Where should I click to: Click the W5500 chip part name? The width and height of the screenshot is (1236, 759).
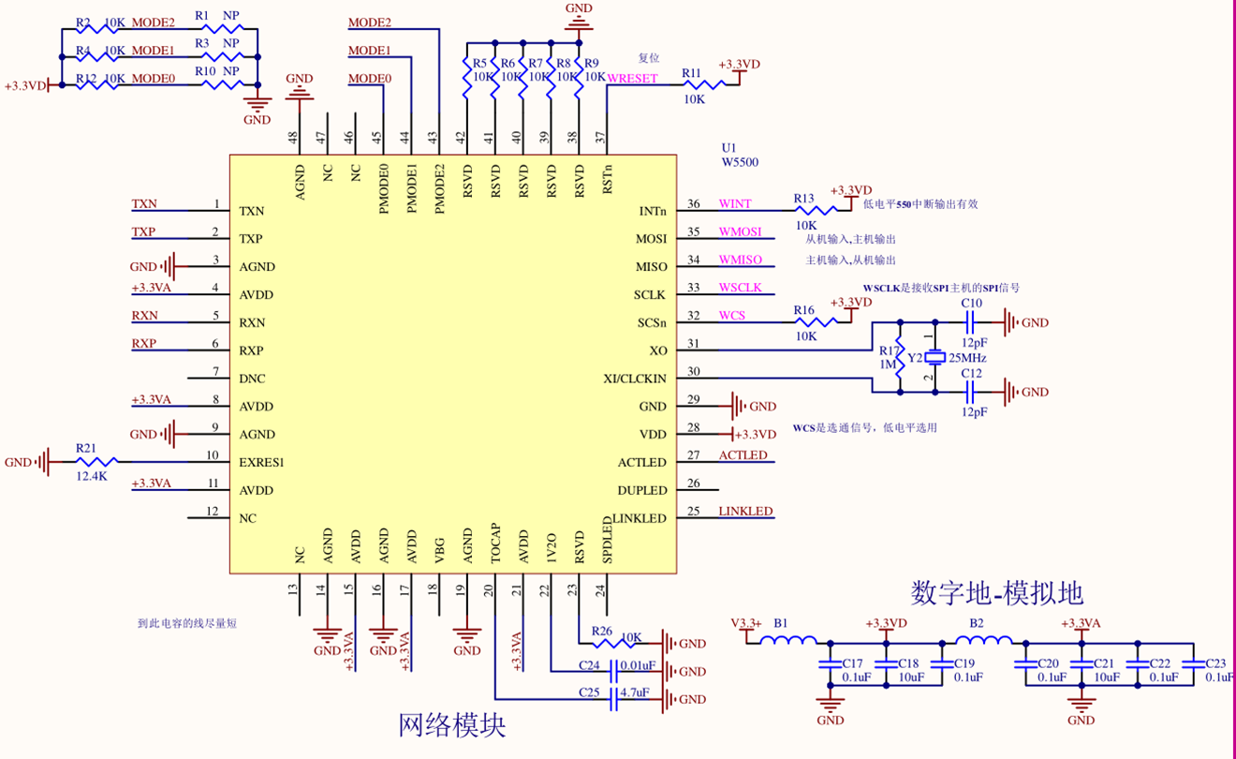[739, 162]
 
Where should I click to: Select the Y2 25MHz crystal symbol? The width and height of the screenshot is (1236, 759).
[932, 358]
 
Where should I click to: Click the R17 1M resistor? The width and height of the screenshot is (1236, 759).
[899, 357]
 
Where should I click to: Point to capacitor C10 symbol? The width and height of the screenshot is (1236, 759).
[970, 323]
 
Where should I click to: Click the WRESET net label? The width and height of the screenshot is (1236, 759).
[633, 79]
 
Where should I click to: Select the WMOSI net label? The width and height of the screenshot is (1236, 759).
[740, 231]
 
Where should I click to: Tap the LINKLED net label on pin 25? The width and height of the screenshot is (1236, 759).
[745, 511]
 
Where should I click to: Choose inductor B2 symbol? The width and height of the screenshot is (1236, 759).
[983, 642]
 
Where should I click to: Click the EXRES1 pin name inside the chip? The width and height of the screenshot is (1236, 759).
[261, 462]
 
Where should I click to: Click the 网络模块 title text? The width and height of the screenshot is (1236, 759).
[452, 725]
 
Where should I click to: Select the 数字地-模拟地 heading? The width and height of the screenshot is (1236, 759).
[996, 592]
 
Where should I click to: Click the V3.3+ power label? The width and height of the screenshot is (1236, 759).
[745, 623]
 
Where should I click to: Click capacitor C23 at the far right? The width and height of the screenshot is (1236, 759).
[1193, 663]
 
